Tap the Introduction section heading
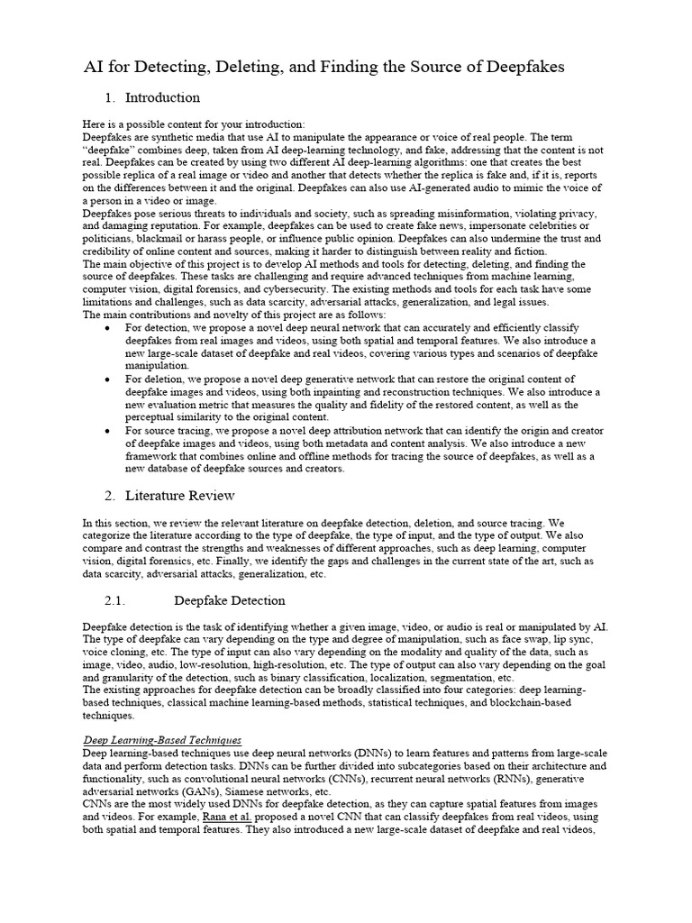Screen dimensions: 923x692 (x=162, y=97)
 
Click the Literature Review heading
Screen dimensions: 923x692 (x=180, y=495)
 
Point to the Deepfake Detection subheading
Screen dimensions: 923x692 (x=229, y=600)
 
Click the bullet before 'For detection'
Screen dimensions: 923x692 (x=109, y=327)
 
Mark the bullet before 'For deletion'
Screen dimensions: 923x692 (x=109, y=379)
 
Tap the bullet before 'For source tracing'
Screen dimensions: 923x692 (x=109, y=431)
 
